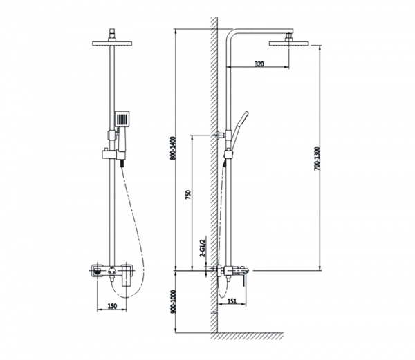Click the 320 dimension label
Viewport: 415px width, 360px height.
coord(259,64)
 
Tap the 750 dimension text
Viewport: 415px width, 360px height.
coord(188,195)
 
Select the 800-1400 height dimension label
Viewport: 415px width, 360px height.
coord(173,148)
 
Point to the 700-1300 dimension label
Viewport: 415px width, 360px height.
coord(317,159)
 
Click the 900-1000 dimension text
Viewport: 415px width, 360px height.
coord(173,301)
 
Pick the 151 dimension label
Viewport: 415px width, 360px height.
coord(232,301)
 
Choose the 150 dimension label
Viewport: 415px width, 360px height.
coord(112,306)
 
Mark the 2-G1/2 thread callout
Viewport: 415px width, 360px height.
coord(203,248)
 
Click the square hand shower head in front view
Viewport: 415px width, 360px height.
coord(122,118)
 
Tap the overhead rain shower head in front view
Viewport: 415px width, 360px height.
coord(112,44)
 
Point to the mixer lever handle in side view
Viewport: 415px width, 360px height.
coord(244,278)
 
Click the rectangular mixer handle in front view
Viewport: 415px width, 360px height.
coord(127,276)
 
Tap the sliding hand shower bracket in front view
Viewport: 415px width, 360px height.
coord(109,154)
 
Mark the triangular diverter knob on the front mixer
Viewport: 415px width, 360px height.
coord(112,270)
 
